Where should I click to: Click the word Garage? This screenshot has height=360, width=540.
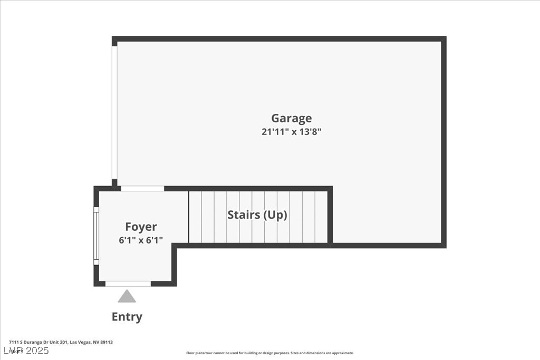[x=291, y=119]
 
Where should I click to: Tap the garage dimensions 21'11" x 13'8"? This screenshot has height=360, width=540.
[x=291, y=132]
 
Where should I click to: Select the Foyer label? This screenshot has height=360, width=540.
[x=141, y=227]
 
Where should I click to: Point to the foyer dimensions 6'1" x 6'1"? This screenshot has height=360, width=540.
[x=141, y=240]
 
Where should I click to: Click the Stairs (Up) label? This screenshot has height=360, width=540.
[x=257, y=215]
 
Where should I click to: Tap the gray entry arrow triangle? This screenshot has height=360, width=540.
[x=127, y=297]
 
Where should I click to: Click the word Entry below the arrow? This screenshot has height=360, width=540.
[x=127, y=317]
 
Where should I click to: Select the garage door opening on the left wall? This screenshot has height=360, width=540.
[x=114, y=111]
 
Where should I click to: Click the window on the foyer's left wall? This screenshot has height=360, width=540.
[x=96, y=235]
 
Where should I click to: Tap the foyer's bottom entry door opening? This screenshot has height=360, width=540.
[x=128, y=284]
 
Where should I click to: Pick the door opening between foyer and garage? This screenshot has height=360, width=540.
[x=142, y=188]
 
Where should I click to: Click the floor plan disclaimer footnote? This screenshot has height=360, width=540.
[x=269, y=353]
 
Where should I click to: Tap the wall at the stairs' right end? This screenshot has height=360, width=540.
[x=330, y=216]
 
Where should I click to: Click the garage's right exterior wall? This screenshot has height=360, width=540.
[x=444, y=142]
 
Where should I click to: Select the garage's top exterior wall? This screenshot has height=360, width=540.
[x=279, y=39]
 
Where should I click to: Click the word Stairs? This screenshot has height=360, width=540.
[x=244, y=215]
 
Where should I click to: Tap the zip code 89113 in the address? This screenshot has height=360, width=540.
[x=107, y=342]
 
